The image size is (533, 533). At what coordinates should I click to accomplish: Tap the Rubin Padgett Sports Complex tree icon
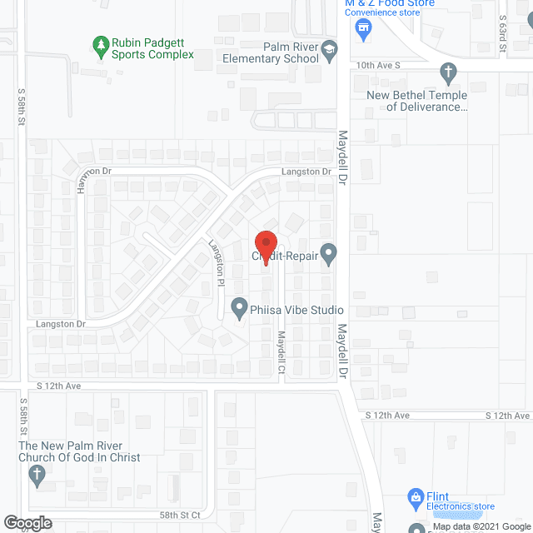click(x=101, y=42)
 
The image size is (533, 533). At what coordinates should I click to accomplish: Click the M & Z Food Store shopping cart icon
click(x=362, y=30)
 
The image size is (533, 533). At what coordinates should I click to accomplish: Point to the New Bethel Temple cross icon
click(x=448, y=72)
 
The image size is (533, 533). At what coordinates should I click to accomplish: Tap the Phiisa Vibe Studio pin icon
click(x=239, y=310)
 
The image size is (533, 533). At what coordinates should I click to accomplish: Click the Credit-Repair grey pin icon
click(x=330, y=253)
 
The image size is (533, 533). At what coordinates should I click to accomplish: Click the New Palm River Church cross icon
click(x=36, y=476)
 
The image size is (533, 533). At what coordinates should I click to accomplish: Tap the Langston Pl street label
click(x=215, y=264)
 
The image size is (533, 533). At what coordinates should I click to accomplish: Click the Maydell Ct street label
click(x=282, y=353)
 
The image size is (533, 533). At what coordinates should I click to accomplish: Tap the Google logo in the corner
click(x=26, y=522)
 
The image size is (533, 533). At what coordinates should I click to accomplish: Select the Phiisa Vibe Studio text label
click(x=297, y=311)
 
